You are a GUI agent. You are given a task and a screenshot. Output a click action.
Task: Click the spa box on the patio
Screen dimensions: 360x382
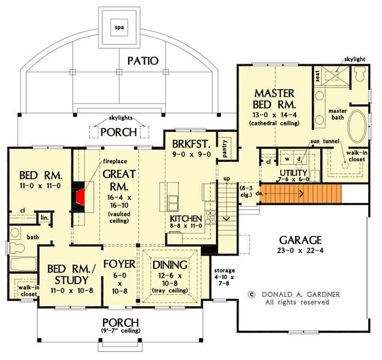(x=119, y=27)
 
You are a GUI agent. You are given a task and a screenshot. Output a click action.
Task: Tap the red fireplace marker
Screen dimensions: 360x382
(x=81, y=196)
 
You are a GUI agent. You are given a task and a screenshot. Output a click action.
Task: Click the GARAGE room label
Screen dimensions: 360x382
(x=300, y=239)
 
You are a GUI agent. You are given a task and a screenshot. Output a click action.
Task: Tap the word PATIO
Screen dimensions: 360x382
(x=143, y=61)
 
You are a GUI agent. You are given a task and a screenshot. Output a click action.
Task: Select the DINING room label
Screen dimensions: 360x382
(x=170, y=264)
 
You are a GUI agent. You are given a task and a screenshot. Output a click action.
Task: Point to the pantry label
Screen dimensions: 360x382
(x=225, y=146)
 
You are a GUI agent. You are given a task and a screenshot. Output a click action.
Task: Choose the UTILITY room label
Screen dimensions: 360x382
(x=293, y=173)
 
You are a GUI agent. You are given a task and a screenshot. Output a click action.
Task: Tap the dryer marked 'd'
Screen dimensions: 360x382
(x=298, y=159)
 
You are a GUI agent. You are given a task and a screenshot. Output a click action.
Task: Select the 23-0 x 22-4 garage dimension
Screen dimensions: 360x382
(x=300, y=251)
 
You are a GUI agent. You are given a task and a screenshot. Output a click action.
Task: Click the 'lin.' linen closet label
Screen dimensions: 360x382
(x=45, y=217)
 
